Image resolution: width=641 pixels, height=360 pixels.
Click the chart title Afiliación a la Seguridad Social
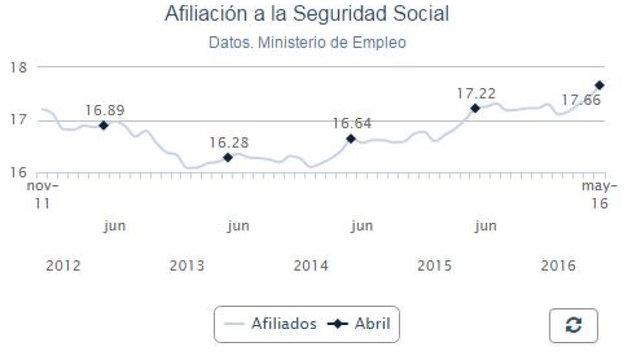(x=307, y=14)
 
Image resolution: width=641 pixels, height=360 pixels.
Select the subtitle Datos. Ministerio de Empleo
(x=307, y=42)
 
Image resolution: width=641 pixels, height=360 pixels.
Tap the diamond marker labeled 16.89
(x=104, y=125)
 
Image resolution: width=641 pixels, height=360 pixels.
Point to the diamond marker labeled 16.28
(x=228, y=157)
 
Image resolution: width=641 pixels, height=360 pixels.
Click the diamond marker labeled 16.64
(x=351, y=139)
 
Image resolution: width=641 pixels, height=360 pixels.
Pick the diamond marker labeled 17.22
(x=475, y=108)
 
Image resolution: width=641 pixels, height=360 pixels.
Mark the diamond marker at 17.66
(x=599, y=85)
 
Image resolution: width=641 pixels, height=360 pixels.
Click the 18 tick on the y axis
(x=19, y=67)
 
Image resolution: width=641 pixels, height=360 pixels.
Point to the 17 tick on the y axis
(x=19, y=120)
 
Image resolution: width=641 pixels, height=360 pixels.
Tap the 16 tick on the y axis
(x=19, y=172)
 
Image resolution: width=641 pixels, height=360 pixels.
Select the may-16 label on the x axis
(x=598, y=195)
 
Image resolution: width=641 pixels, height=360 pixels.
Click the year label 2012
(x=63, y=266)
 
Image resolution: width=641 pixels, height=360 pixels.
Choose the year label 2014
(x=311, y=266)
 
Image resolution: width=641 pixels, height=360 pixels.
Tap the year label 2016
(x=558, y=266)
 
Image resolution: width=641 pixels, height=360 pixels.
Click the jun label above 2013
(x=238, y=226)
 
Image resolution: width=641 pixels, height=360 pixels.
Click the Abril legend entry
(x=362, y=324)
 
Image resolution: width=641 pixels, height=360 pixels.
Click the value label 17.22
(x=476, y=94)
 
